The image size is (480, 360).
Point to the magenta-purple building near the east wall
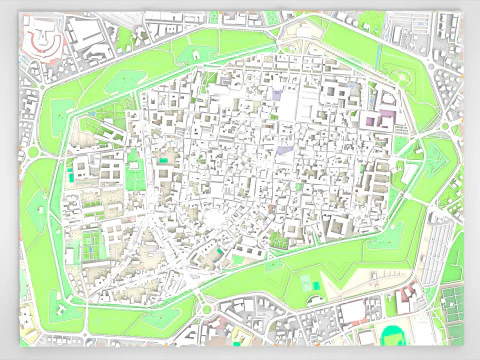374,121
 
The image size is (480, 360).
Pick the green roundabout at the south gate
204,309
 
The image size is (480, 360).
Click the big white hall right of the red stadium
89,36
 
